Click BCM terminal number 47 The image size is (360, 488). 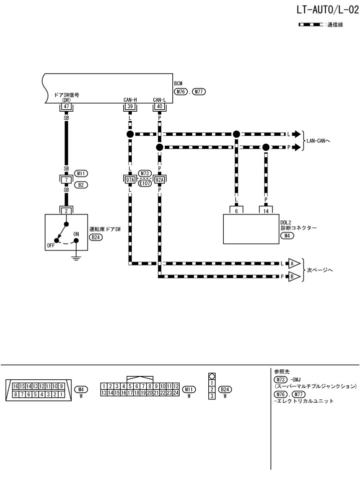point(65,107)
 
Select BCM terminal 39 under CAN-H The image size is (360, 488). point(130,107)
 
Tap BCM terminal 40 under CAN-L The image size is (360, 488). point(159,107)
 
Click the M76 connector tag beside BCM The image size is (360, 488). point(181,92)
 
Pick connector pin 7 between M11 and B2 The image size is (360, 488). point(65,179)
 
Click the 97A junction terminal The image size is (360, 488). point(130,179)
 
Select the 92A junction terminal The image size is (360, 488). point(160,179)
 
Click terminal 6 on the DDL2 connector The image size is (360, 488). point(236,211)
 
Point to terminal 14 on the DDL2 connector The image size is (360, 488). point(265,211)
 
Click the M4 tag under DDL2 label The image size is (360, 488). point(287,235)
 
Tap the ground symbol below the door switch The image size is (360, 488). point(76,259)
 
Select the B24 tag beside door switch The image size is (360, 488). point(96,237)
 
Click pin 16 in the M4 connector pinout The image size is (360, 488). point(16,386)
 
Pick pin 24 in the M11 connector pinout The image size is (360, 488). point(176,393)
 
